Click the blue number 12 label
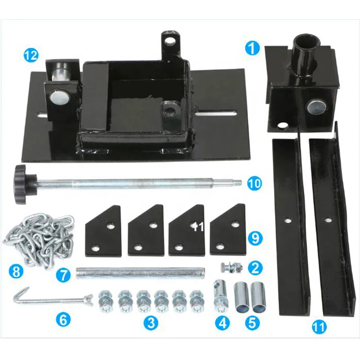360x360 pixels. tap(31, 56)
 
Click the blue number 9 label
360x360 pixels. tap(255, 238)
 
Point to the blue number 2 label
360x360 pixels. tap(255, 269)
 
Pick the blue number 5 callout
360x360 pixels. tap(252, 322)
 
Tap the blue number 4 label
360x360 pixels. tap(222, 322)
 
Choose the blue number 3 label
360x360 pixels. tap(151, 322)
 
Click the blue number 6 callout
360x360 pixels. tap(63, 320)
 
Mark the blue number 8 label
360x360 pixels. tap(16, 272)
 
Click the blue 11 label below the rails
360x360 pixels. tap(319, 327)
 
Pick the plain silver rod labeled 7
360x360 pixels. tap(142, 273)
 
